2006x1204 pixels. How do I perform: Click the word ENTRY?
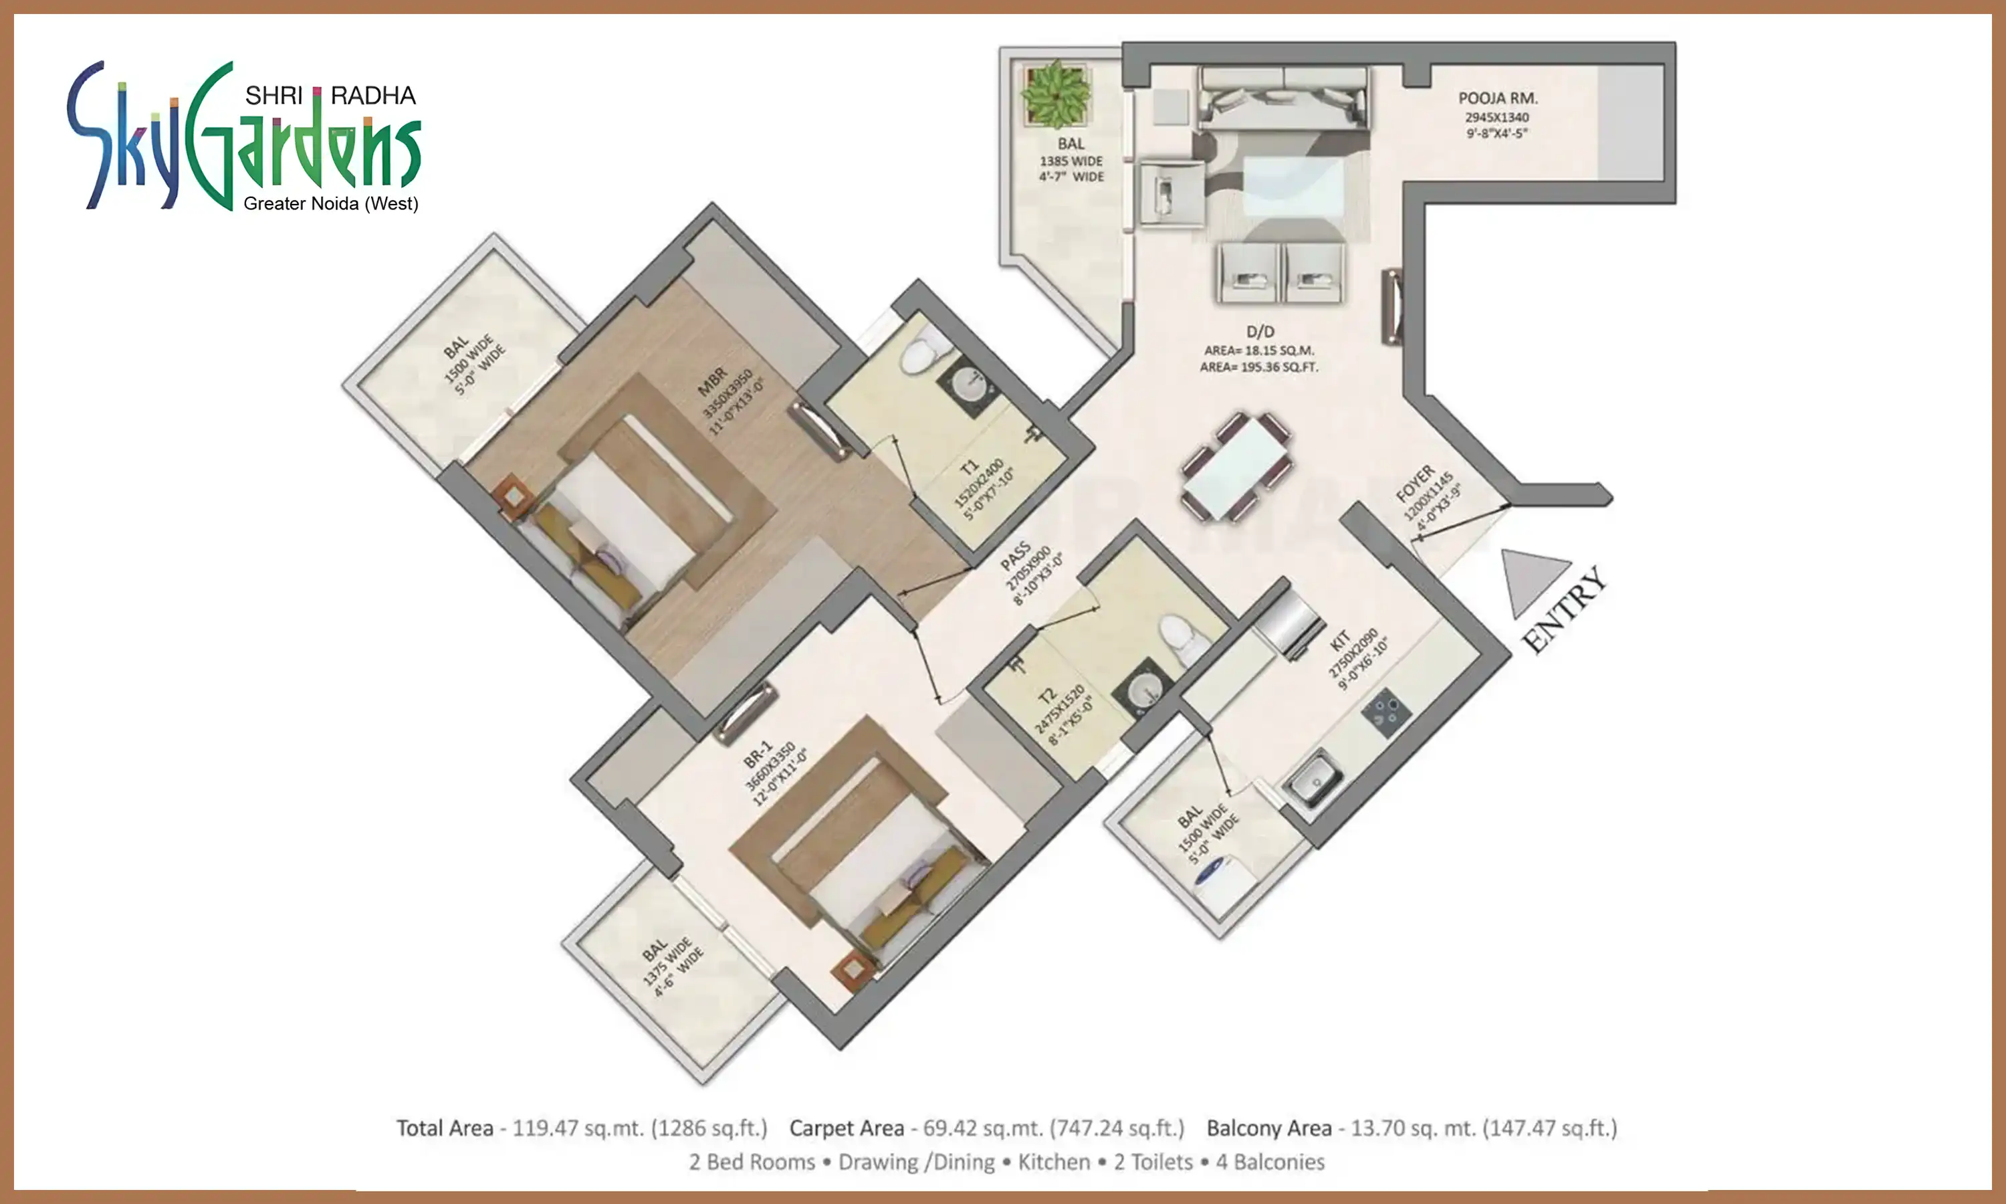point(1564,609)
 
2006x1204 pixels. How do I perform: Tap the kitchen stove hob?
point(1385,712)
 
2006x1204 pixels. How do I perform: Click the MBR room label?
point(713,382)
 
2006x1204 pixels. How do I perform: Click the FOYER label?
point(1415,484)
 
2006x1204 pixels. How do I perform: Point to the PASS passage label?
point(1015,557)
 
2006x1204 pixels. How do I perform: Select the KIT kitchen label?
point(1339,640)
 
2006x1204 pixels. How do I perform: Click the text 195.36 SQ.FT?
point(1278,367)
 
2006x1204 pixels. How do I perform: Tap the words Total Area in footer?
point(445,1128)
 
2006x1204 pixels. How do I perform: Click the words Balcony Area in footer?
point(1269,1128)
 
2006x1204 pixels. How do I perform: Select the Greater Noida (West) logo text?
point(331,203)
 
